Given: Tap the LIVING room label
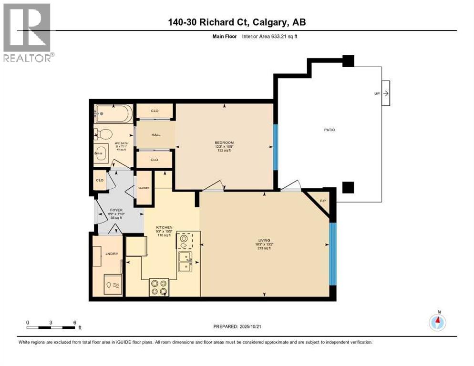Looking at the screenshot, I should [264, 240].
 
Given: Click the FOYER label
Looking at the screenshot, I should [116, 210].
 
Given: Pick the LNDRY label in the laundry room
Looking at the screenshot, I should [112, 254].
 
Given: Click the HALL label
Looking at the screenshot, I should [156, 135].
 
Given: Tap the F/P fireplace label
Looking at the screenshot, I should [323, 201].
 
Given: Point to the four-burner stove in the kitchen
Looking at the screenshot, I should [159, 287].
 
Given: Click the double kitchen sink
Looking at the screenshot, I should [185, 261].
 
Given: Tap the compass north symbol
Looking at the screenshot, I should [437, 323].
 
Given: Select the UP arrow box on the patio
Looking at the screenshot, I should [385, 93].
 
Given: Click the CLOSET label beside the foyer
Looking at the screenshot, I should [144, 188].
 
